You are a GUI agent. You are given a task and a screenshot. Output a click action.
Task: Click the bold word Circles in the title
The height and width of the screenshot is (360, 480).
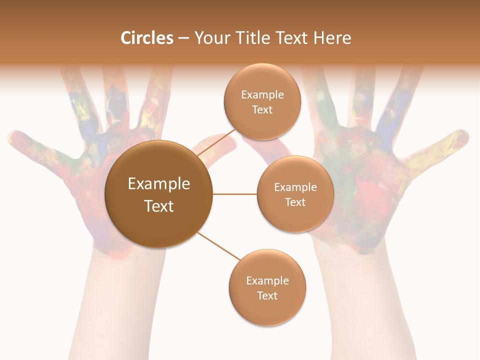point(146,38)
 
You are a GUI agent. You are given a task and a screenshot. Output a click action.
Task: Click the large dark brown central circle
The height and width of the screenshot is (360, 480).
point(158,194)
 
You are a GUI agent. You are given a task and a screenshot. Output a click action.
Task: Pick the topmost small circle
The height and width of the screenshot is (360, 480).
point(262,101)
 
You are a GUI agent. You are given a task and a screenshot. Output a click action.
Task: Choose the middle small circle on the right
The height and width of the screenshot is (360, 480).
point(295,194)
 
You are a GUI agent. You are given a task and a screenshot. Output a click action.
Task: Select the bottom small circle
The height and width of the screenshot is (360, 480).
point(267,287)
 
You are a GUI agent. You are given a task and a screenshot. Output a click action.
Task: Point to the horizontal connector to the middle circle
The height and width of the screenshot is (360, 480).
point(234,194)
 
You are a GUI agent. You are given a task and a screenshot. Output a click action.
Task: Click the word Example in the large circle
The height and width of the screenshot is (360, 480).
point(158,184)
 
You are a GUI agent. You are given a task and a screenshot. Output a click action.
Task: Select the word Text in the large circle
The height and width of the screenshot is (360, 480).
point(158,206)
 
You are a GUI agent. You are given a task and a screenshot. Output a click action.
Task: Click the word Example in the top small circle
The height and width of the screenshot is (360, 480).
point(262,94)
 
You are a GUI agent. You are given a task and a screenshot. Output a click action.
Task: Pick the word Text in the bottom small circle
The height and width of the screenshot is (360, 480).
point(267,295)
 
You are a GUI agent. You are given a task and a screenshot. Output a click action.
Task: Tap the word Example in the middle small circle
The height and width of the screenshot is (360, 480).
point(295,187)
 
